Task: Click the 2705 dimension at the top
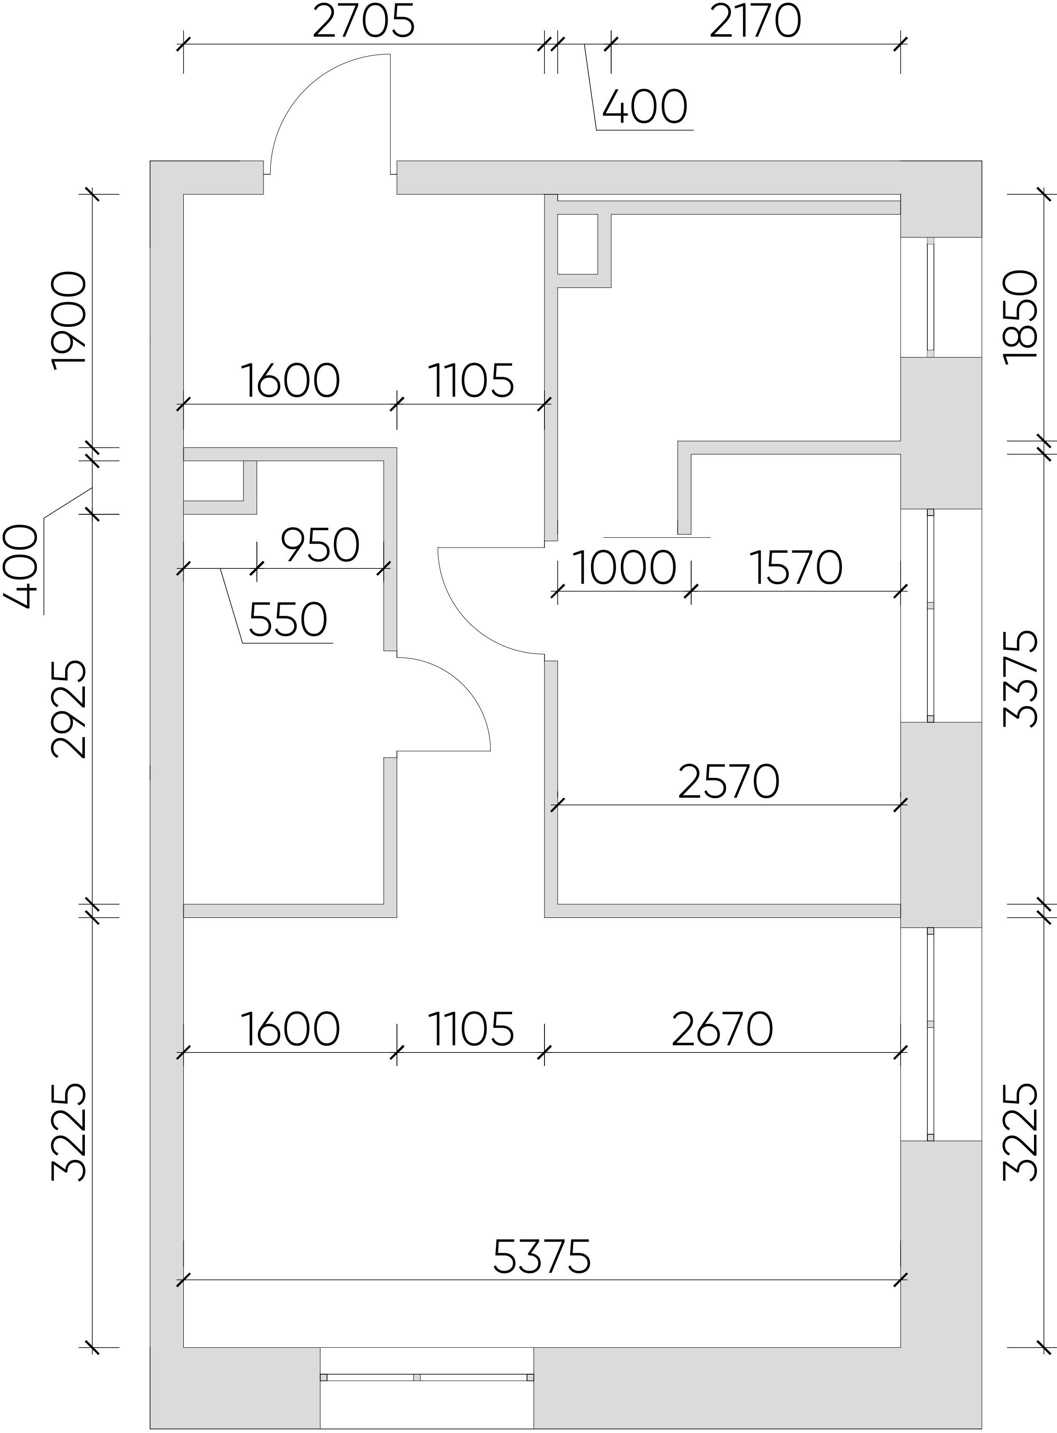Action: (363, 21)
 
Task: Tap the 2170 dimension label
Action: (755, 21)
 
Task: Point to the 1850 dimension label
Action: (1020, 317)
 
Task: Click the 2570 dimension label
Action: (729, 781)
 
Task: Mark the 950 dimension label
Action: (320, 545)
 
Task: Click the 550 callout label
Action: (288, 620)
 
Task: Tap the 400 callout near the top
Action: (645, 107)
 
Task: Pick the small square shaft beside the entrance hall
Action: (578, 244)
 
